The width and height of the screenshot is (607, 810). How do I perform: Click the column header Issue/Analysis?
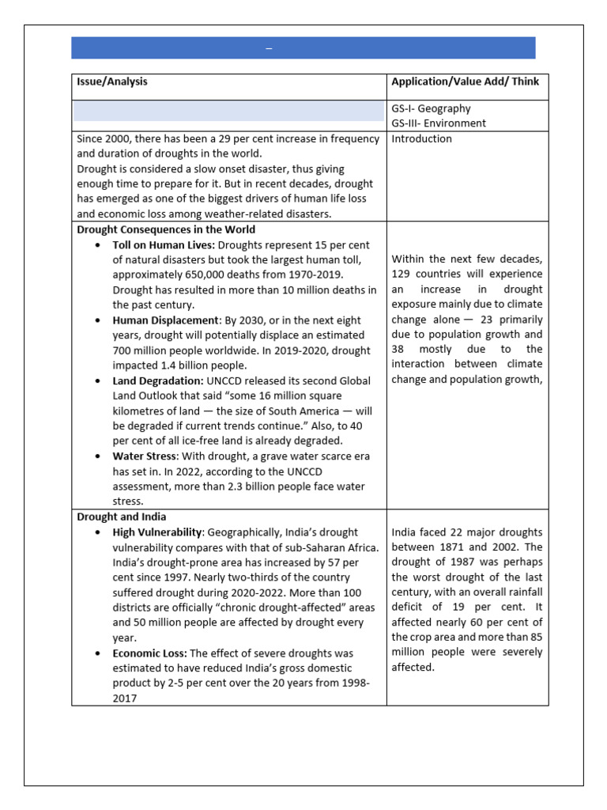point(111,81)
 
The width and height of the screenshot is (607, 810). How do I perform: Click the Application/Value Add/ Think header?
point(466,81)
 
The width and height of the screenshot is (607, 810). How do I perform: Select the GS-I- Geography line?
point(431,108)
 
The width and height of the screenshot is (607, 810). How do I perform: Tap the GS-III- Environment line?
point(439,123)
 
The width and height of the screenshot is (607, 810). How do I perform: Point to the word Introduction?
point(422,139)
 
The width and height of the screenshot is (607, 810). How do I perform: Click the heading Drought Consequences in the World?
point(166,230)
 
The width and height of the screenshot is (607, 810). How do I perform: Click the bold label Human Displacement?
point(164,320)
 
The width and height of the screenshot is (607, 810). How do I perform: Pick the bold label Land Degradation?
point(158,380)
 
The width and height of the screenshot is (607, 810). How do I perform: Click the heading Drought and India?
point(122,517)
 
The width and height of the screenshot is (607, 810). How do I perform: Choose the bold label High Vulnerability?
point(158,532)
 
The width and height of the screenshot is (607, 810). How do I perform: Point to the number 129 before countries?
point(402,274)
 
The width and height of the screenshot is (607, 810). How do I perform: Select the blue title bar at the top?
point(303,47)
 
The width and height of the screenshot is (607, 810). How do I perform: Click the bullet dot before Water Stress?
point(96,456)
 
